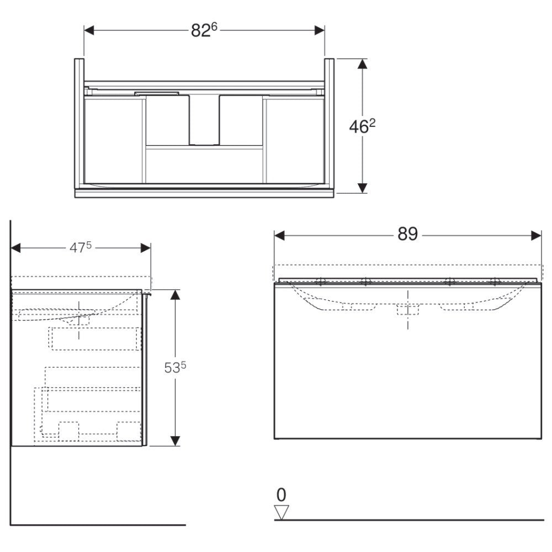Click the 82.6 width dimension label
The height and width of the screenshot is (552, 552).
204,30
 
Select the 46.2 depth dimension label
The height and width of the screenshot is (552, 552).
362,126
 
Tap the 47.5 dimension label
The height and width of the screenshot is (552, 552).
80,247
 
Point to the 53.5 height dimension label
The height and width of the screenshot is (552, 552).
175,368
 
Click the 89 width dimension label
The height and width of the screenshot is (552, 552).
408,233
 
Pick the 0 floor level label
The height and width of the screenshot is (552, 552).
282,495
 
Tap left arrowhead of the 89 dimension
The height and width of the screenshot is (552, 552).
279,236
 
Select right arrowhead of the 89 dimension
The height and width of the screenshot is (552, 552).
536,236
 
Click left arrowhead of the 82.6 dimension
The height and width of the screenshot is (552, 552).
89,30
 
